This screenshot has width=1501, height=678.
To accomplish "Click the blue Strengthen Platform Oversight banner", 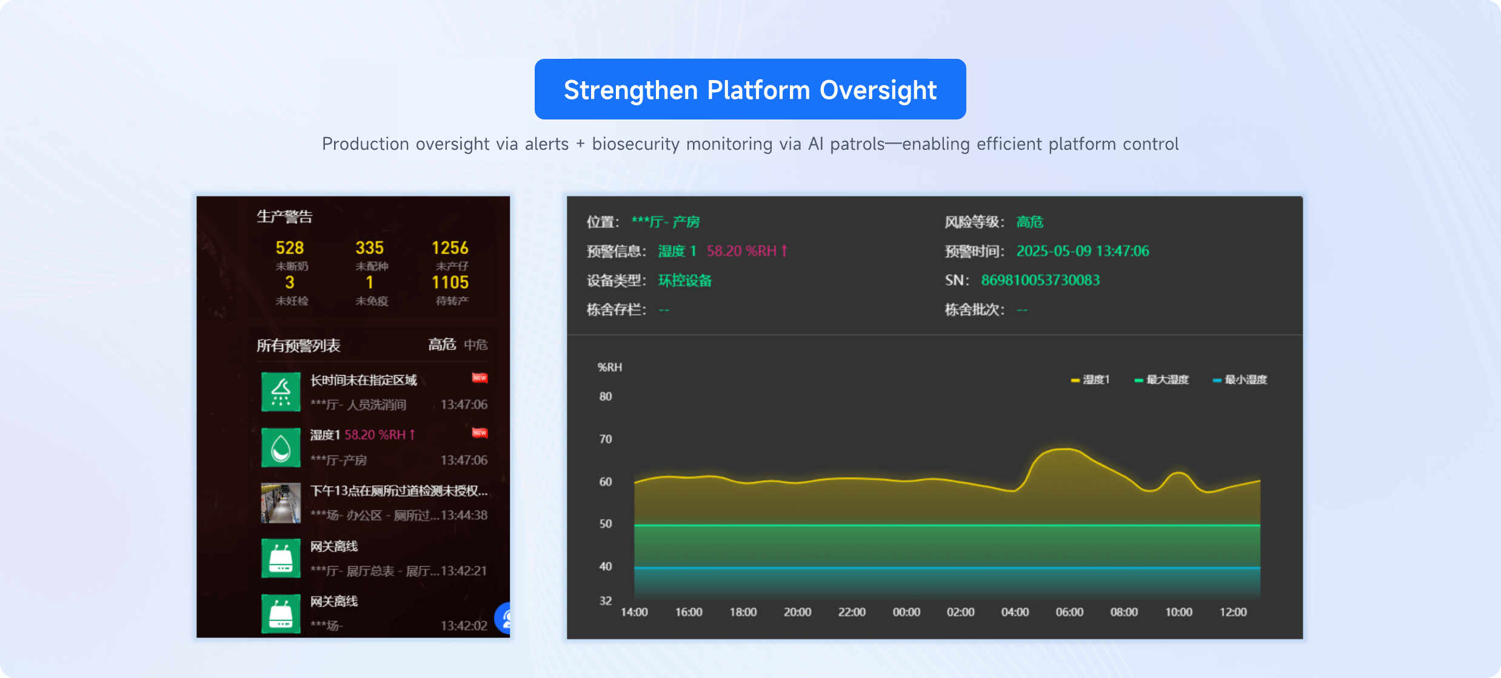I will pyautogui.click(x=750, y=89).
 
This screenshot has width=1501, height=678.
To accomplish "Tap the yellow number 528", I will pyautogui.click(x=289, y=248).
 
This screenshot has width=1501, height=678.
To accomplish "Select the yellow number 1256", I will pyautogui.click(x=450, y=248).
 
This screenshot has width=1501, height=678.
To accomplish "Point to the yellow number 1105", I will pyautogui.click(x=450, y=283).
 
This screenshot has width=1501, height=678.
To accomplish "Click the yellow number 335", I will pyautogui.click(x=369, y=248).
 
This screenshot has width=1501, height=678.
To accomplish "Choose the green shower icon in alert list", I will pyautogui.click(x=281, y=392).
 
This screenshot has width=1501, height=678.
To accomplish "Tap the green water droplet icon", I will pyautogui.click(x=281, y=448).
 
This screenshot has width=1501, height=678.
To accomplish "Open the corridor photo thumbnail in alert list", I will pyautogui.click(x=281, y=503).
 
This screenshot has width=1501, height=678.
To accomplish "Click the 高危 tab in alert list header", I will pyautogui.click(x=442, y=344).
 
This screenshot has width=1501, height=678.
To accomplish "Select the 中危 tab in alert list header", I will pyautogui.click(x=476, y=345).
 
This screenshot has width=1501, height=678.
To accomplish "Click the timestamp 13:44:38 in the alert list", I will pyautogui.click(x=464, y=515).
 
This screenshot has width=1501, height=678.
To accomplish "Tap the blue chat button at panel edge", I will pyautogui.click(x=504, y=618).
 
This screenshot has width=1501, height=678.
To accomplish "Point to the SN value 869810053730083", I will pyautogui.click(x=1040, y=280).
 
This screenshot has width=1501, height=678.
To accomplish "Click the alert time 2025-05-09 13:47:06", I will pyautogui.click(x=1083, y=251).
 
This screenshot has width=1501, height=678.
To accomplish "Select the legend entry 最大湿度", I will pyautogui.click(x=1162, y=380).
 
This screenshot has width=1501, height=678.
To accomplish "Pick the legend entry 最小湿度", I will pyautogui.click(x=1240, y=380).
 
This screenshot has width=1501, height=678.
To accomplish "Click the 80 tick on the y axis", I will pyautogui.click(x=606, y=397).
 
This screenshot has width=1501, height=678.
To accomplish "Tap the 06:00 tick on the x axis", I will pyautogui.click(x=1069, y=613).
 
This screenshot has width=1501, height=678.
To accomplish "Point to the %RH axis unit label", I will pyautogui.click(x=610, y=368).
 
